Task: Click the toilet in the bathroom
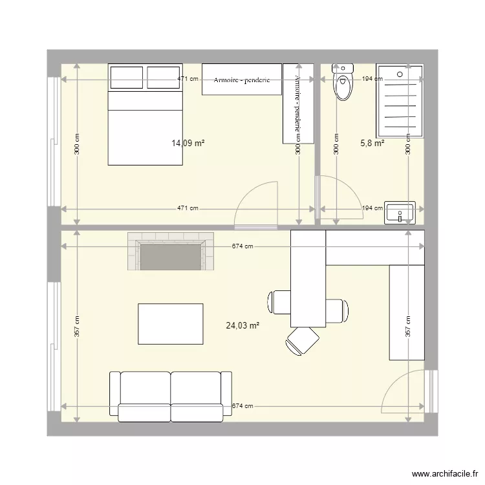click(x=343, y=82)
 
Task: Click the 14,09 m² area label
click(x=188, y=144)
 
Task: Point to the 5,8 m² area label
click(x=372, y=144)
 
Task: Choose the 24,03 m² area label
click(x=242, y=326)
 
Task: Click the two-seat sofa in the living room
click(x=171, y=395)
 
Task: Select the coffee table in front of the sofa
click(x=171, y=324)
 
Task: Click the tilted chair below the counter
click(x=303, y=340)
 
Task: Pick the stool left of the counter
click(x=279, y=302)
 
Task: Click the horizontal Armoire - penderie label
click(x=242, y=80)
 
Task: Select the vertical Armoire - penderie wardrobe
click(x=297, y=103)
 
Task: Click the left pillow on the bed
click(x=126, y=78)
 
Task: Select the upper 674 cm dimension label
click(x=242, y=246)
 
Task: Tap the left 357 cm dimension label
click(x=76, y=327)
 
